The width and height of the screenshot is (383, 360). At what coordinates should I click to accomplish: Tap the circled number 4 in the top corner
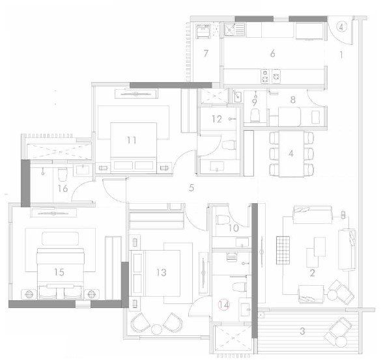pos(343,27)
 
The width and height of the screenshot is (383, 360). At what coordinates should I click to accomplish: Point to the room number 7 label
pos(205,53)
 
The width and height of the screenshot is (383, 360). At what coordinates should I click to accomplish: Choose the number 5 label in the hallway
pos(191,188)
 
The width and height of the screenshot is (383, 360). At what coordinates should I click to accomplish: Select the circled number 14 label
pos(223,304)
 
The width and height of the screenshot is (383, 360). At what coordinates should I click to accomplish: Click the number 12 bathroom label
pos(216,119)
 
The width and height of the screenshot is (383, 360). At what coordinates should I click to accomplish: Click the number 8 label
pos(292,100)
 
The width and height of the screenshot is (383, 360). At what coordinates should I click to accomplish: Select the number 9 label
pos(255,102)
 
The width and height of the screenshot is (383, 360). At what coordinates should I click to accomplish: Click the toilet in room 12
pos(227,146)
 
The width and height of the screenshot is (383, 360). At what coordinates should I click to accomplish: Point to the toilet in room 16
pos(63,175)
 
